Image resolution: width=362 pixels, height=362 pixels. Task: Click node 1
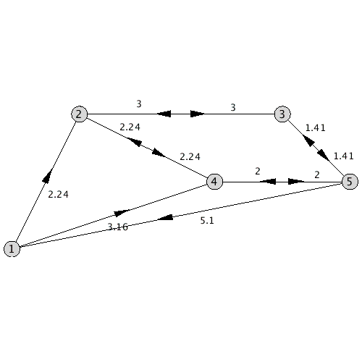pos(12,249)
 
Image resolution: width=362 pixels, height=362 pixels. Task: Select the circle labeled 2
pos(79,114)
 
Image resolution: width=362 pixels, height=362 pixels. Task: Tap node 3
pos(282,114)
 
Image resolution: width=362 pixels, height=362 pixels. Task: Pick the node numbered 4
pos(214,182)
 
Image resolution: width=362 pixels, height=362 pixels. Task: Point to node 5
pos(350,182)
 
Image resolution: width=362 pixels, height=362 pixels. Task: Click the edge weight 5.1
pos(207,221)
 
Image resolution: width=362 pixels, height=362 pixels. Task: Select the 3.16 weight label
pos(117,227)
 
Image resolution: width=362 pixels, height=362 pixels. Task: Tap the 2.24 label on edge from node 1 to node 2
pos(58,194)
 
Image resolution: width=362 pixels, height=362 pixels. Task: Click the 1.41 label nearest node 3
pos(316,127)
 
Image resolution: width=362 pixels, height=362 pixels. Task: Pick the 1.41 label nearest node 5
pos(343,156)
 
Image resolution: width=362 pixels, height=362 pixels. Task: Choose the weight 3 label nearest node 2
pos(139,104)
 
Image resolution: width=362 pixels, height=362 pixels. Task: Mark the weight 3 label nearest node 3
pos(233,107)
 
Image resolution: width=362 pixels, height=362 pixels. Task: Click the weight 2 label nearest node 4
pos(258,172)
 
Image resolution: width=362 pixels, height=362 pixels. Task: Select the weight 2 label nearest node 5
pos(317,174)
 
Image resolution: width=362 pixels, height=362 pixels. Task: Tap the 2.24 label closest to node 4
pos(190,157)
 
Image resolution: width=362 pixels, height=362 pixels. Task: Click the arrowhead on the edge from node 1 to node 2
pos(48,174)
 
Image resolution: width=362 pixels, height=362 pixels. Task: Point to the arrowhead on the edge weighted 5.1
pos(164,217)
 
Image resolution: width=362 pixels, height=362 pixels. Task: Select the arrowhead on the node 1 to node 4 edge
pos(122,213)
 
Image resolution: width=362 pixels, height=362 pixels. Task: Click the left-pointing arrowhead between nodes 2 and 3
pos(164,114)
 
